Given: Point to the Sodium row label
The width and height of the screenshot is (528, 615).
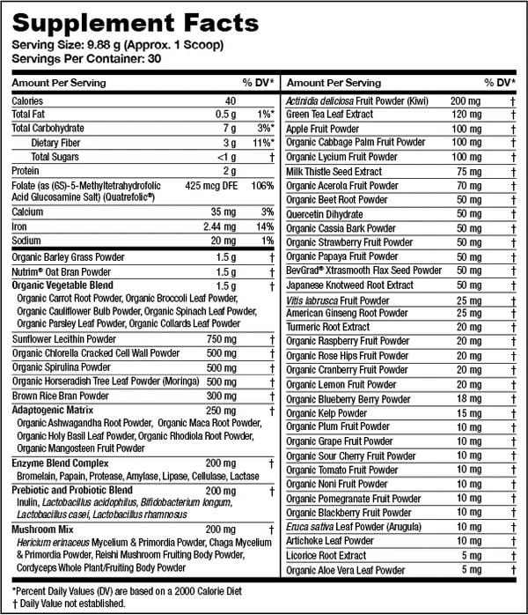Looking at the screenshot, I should pos(27,241).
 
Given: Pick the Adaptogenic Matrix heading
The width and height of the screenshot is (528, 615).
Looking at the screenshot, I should pos(52,410).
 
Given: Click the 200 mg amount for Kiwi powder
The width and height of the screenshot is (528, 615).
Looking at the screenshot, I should pos(464,100).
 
